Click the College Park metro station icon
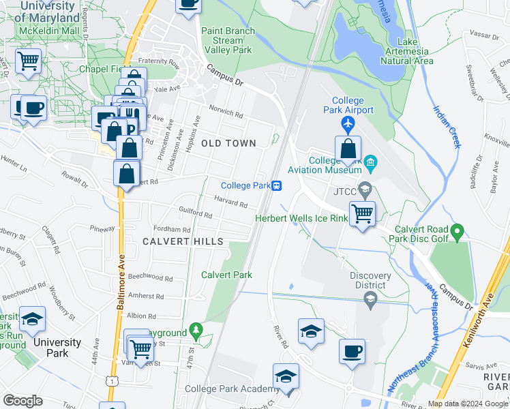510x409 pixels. coord(277,185)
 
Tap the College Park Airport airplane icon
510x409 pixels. coord(348,125)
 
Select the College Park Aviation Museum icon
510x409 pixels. coord(370,162)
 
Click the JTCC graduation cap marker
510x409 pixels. coord(365,189)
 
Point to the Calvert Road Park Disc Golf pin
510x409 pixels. coord(457,232)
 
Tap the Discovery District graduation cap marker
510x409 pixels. coord(370,297)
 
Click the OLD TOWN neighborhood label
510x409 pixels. coord(228,143)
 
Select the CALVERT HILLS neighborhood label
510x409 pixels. coord(183,242)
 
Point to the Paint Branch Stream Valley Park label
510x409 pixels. coord(228,40)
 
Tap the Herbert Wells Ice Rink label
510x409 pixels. coord(301,218)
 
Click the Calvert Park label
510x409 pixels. coord(226,275)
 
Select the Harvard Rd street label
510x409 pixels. coord(229,202)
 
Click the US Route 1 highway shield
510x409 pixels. coord(110,382)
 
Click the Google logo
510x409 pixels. coord(22,400)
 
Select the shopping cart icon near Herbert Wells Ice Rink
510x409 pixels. coord(362,213)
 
